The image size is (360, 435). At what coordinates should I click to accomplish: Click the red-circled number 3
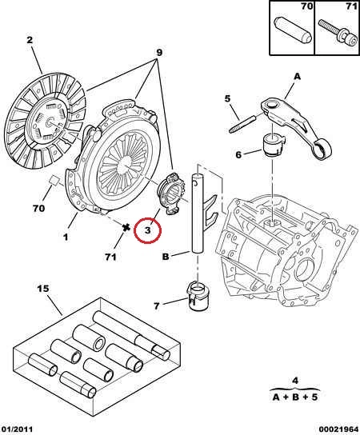(x=147, y=229)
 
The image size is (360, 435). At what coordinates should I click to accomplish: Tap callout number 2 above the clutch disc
(x=30, y=40)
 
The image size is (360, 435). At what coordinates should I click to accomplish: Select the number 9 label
(x=159, y=53)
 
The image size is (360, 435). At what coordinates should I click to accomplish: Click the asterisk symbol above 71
(x=126, y=227)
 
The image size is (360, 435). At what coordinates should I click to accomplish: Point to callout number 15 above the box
(x=43, y=289)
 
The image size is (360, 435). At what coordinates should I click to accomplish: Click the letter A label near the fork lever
(x=297, y=76)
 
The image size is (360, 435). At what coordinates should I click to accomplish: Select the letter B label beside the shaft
(x=166, y=257)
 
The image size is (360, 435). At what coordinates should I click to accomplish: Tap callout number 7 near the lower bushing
(x=157, y=306)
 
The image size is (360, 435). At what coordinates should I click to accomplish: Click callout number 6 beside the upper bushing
(x=238, y=154)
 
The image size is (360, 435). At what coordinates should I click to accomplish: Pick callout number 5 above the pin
(x=228, y=98)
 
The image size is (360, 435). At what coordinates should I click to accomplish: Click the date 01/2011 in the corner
(x=16, y=429)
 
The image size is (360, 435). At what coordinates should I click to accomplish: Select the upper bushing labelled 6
(x=273, y=145)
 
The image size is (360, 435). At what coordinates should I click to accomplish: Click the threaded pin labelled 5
(x=242, y=124)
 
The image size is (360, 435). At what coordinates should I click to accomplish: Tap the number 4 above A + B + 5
(x=295, y=381)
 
